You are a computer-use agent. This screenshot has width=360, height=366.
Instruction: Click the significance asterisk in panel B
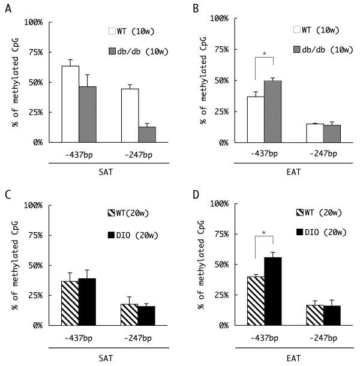[x=264, y=55]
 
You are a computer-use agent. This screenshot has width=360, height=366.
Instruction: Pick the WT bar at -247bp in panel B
[x=314, y=133]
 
